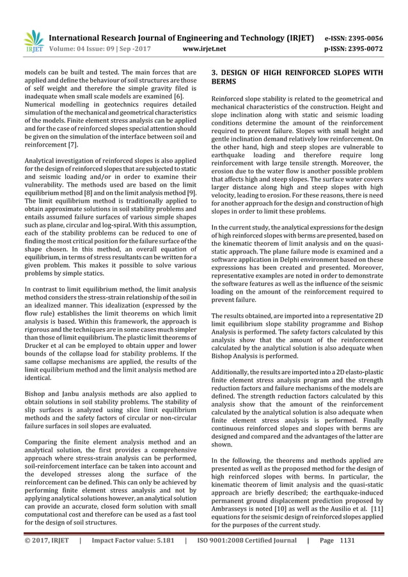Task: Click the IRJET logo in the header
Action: (33, 41)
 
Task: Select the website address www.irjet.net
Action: (203, 47)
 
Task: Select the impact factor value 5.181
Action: (163, 557)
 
